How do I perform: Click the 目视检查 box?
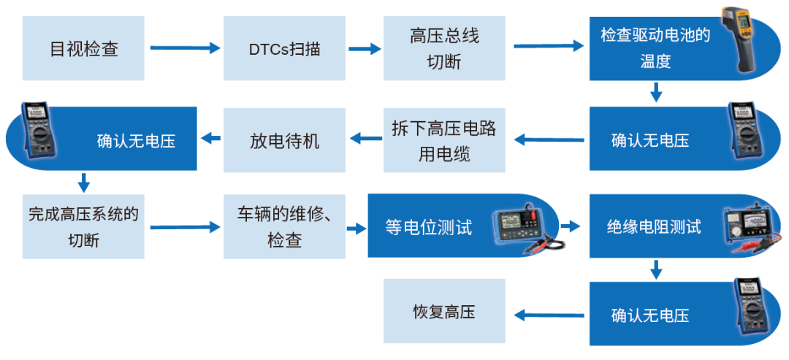[83, 50]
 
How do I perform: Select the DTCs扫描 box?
[284, 50]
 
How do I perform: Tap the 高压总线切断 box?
[443, 50]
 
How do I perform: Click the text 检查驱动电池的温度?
[655, 48]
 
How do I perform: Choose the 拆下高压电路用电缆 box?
[443, 140]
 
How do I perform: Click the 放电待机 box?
[284, 140]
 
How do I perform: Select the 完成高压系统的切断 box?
[83, 226]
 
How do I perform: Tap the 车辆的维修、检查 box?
[284, 226]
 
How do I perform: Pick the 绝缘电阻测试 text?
[653, 227]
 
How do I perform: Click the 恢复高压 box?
[443, 313]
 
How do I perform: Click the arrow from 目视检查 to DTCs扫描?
[185, 49]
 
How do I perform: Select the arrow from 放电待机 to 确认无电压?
[210, 138]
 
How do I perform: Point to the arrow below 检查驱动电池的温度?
[656, 92]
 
